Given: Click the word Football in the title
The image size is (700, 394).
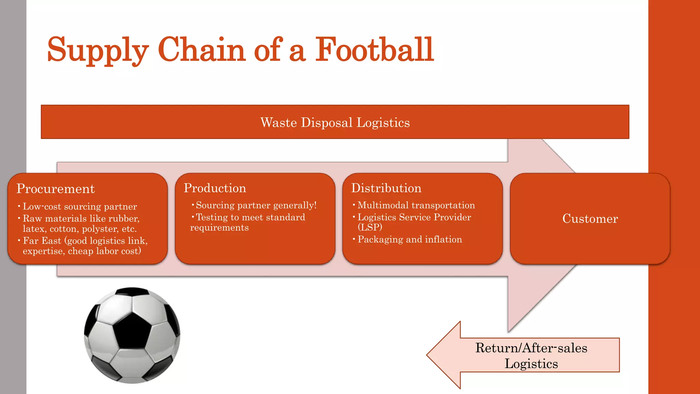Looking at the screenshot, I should click(374, 50).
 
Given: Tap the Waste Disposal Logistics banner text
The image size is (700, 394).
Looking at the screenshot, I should click(335, 122).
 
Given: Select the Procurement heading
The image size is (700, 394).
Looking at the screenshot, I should click(55, 189).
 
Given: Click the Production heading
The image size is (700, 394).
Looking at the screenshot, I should click(215, 188).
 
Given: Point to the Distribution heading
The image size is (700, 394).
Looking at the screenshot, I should click(386, 188).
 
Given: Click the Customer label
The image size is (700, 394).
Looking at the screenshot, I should click(590, 219).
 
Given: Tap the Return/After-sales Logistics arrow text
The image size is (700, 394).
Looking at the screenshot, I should click(531, 356).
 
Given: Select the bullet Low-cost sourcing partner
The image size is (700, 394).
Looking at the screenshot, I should click(80, 207).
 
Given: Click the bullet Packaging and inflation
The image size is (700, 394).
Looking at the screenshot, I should click(409, 239).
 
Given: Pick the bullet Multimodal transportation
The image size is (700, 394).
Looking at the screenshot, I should click(416, 205).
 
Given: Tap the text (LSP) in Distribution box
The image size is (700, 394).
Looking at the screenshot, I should click(370, 227).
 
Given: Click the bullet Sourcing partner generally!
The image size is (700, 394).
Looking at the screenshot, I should click(256, 205).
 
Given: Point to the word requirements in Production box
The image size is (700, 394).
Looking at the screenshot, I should click(219, 228).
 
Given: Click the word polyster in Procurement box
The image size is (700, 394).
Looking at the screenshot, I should click(100, 229).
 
